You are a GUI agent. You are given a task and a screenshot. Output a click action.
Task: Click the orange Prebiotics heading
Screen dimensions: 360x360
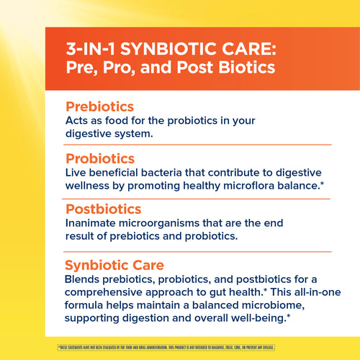tap(99, 106)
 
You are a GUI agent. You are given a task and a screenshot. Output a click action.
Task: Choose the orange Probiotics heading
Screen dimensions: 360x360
tap(100, 158)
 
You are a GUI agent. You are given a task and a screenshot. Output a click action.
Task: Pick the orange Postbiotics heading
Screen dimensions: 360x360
tap(103, 210)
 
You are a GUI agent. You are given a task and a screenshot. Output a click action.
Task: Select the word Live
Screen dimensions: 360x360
tap(77, 173)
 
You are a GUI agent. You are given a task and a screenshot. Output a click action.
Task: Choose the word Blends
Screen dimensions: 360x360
tap(83, 279)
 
